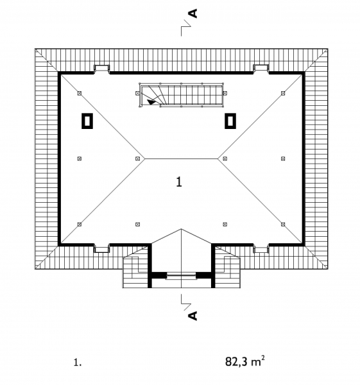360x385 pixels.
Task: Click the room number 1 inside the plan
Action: click(179, 182)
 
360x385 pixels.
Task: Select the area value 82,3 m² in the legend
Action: click(245, 361)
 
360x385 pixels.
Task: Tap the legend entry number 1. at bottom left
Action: click(78, 363)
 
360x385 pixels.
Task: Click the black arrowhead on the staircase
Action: click(151, 101)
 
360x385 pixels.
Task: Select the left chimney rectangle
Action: click(87, 121)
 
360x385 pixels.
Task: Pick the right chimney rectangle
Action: click(230, 121)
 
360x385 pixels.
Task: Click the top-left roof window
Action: click(102, 69)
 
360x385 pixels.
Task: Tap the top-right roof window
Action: click(261, 69)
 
